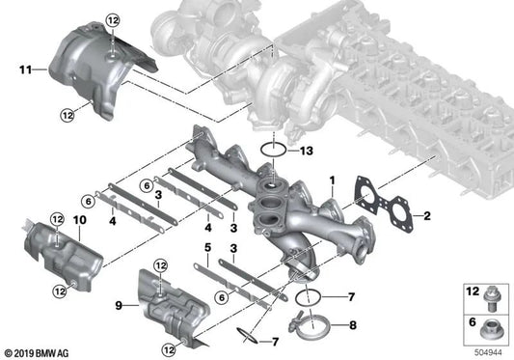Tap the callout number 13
coord(306,151)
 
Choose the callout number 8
coord(351,326)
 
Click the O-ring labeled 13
coord(272,152)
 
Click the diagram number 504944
coord(484,352)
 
